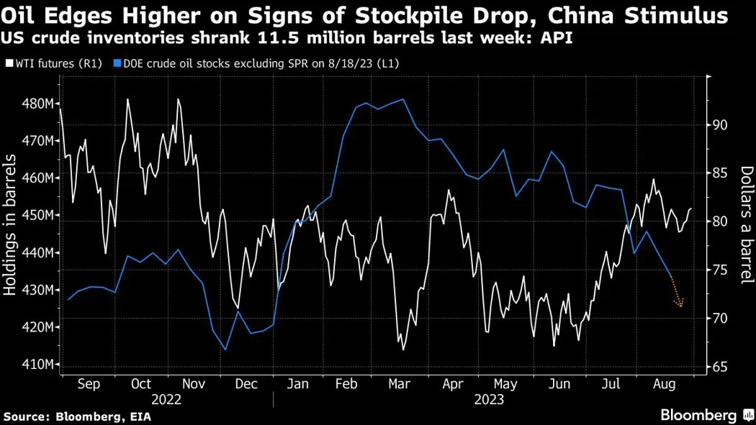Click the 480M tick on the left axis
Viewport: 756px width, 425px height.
coord(38,104)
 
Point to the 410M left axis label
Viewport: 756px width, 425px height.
coord(38,365)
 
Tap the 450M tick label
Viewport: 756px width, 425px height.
coord(38,215)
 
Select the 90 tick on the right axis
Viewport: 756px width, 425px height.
coord(721,125)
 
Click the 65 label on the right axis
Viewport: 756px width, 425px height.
coord(721,367)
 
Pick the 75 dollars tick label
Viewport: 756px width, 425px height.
coord(721,270)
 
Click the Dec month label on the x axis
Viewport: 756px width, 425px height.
coord(246,384)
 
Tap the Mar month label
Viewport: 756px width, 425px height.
coord(400,384)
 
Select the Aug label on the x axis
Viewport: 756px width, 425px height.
coord(664,384)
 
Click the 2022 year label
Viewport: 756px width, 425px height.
coord(167,399)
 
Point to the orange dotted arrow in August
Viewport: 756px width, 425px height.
coord(677,295)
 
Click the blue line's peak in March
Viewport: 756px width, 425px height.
coord(403,99)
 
